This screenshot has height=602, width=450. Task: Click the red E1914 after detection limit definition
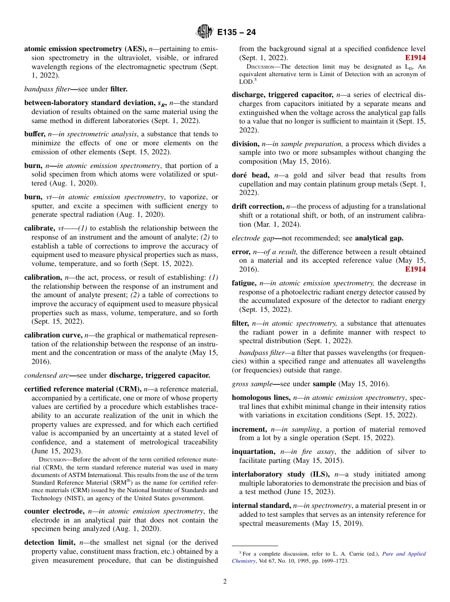tap(415, 58)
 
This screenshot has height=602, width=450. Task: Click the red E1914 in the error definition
tap(415, 269)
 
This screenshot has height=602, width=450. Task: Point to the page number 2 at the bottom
tap(225, 582)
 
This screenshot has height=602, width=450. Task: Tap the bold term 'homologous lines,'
tap(261, 398)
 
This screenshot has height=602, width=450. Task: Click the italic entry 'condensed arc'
tap(45, 375)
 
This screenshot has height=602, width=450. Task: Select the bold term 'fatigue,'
tap(244, 283)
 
